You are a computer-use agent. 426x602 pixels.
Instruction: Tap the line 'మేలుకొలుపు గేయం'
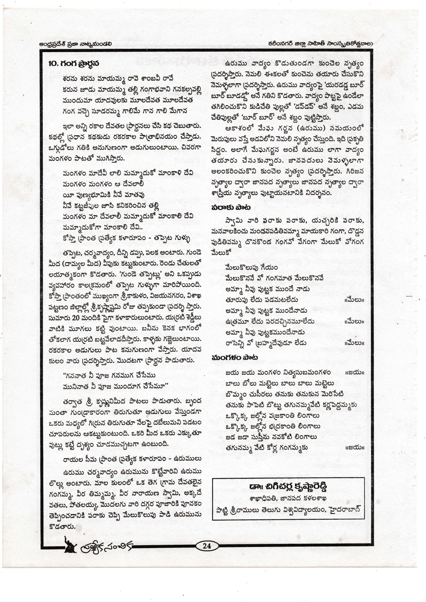coord(251,268)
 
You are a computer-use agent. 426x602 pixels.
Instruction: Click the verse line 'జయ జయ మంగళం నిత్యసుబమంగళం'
coord(278,373)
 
